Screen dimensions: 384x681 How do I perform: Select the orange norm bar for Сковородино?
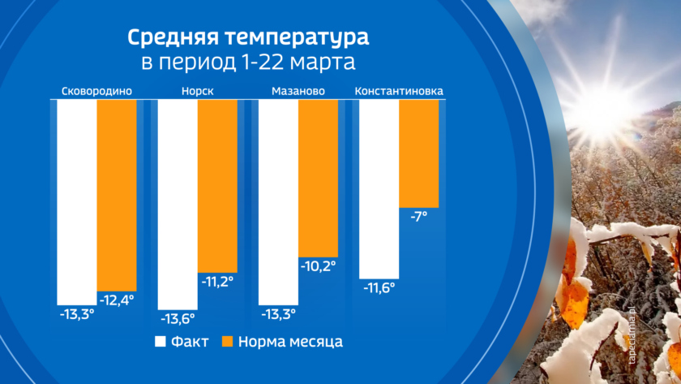[117, 195]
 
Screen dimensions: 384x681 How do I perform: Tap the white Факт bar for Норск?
[177, 204]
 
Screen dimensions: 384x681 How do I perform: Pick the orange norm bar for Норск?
[216, 186]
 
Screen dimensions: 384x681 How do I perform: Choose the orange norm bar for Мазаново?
[317, 178]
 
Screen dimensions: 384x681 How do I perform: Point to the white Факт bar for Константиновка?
[379, 188]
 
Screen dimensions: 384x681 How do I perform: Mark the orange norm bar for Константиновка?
[418, 153]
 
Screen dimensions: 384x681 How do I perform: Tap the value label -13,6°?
[178, 317]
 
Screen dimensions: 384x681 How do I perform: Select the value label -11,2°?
[216, 282]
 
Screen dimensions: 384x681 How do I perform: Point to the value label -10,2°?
[318, 265]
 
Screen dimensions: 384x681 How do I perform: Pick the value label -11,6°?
[379, 287]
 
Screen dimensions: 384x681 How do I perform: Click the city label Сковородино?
[96, 90]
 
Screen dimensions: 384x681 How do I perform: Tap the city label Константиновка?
[399, 90]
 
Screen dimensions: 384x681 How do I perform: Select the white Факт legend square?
[161, 341]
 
